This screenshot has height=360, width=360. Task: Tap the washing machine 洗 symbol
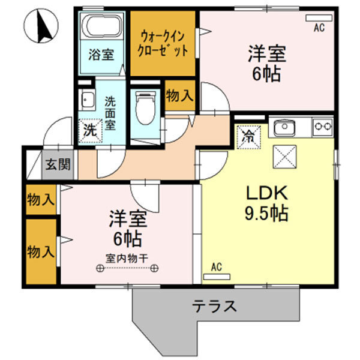tap(89, 128)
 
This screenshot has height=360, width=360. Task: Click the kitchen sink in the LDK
tap(283, 127)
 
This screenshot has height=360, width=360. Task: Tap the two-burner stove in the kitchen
tap(322, 127)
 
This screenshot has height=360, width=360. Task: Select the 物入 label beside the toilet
tap(179, 95)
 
